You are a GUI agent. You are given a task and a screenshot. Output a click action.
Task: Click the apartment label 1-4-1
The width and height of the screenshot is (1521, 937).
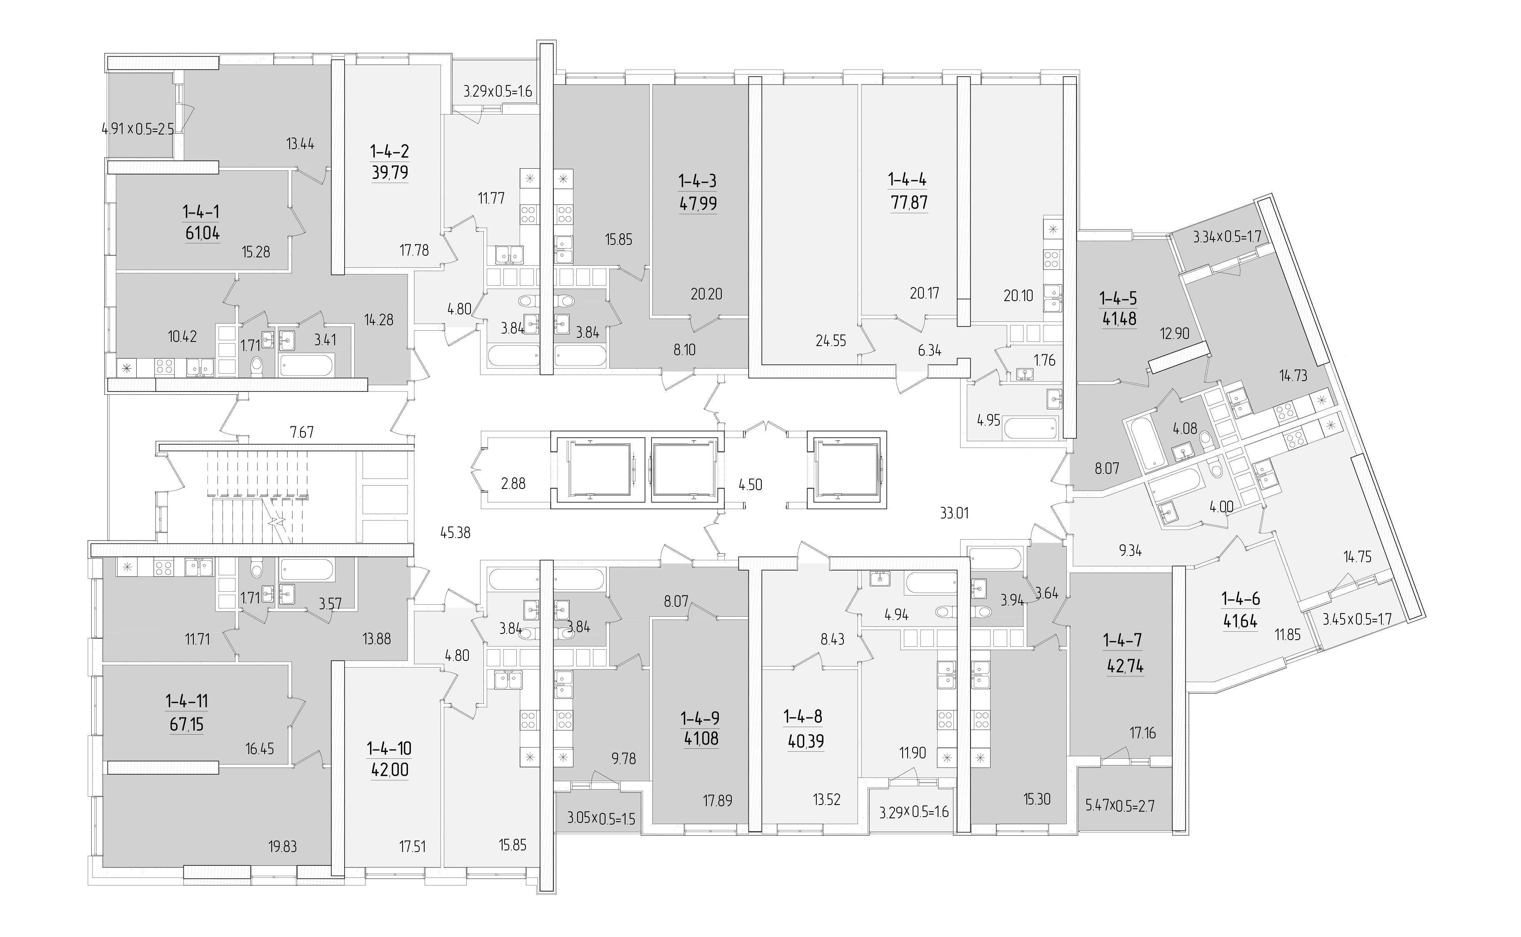coord(201,212)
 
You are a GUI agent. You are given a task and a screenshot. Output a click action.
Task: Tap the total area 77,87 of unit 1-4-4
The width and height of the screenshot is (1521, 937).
coord(909,203)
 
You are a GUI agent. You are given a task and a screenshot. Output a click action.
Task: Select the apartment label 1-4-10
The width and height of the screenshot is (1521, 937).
coord(389,749)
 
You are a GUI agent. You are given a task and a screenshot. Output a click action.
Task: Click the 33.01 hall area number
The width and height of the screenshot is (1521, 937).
coord(954,513)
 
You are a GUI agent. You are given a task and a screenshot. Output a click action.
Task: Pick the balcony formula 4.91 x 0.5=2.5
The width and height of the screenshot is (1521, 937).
coord(138,130)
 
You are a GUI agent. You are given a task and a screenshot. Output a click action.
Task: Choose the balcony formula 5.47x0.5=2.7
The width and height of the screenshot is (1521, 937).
coord(1120,806)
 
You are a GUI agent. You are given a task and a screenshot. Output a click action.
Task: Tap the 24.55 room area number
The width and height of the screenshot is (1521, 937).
coord(831,340)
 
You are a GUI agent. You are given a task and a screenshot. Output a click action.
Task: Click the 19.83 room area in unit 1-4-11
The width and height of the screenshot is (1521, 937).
coord(283,847)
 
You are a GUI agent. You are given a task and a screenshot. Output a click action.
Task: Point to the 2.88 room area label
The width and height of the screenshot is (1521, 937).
coord(513,483)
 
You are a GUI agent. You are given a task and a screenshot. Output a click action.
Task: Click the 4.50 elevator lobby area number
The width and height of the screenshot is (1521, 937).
coord(750,485)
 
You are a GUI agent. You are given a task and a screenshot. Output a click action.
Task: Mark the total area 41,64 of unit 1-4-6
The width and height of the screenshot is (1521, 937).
coord(1240,621)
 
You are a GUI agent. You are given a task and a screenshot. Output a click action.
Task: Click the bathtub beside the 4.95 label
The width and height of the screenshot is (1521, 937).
coord(1031,428)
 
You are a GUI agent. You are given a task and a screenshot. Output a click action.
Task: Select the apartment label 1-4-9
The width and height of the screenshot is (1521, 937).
coord(700,718)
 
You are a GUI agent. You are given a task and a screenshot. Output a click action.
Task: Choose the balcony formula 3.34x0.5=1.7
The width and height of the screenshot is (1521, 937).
coord(1228,237)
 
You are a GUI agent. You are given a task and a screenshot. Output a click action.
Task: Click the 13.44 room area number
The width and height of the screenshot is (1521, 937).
coord(300,145)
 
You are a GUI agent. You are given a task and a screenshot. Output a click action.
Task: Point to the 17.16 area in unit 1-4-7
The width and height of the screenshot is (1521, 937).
coord(1142,733)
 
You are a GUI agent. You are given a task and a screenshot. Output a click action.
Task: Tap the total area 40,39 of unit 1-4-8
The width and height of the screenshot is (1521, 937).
coord(806,740)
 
